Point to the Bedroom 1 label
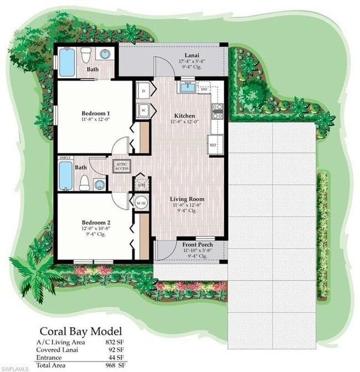click(94, 112)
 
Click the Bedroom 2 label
click(93, 222)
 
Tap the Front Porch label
click(197, 245)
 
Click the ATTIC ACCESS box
click(121, 166)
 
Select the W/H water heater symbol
click(141, 203)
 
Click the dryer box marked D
click(142, 90)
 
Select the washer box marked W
click(142, 109)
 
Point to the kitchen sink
click(186, 87)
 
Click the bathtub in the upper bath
click(66, 63)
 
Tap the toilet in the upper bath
click(86, 55)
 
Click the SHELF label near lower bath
click(65, 158)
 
